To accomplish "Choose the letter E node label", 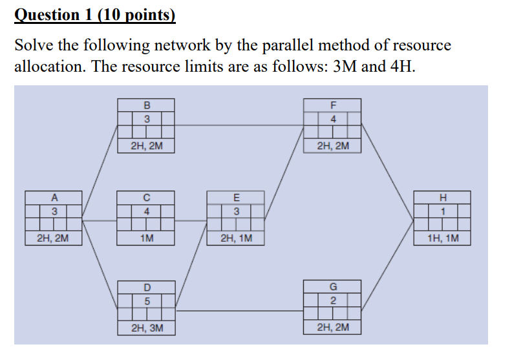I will (x=236, y=198).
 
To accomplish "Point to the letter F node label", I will (x=333, y=105).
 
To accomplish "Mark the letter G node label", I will (x=333, y=287).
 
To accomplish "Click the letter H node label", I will (x=443, y=198).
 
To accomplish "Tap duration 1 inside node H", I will (x=443, y=211).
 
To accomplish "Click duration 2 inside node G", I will (x=333, y=301).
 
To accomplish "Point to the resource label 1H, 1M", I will (x=443, y=238).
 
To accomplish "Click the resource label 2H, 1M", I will (x=236, y=238).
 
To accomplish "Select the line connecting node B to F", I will (x=239, y=125).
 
